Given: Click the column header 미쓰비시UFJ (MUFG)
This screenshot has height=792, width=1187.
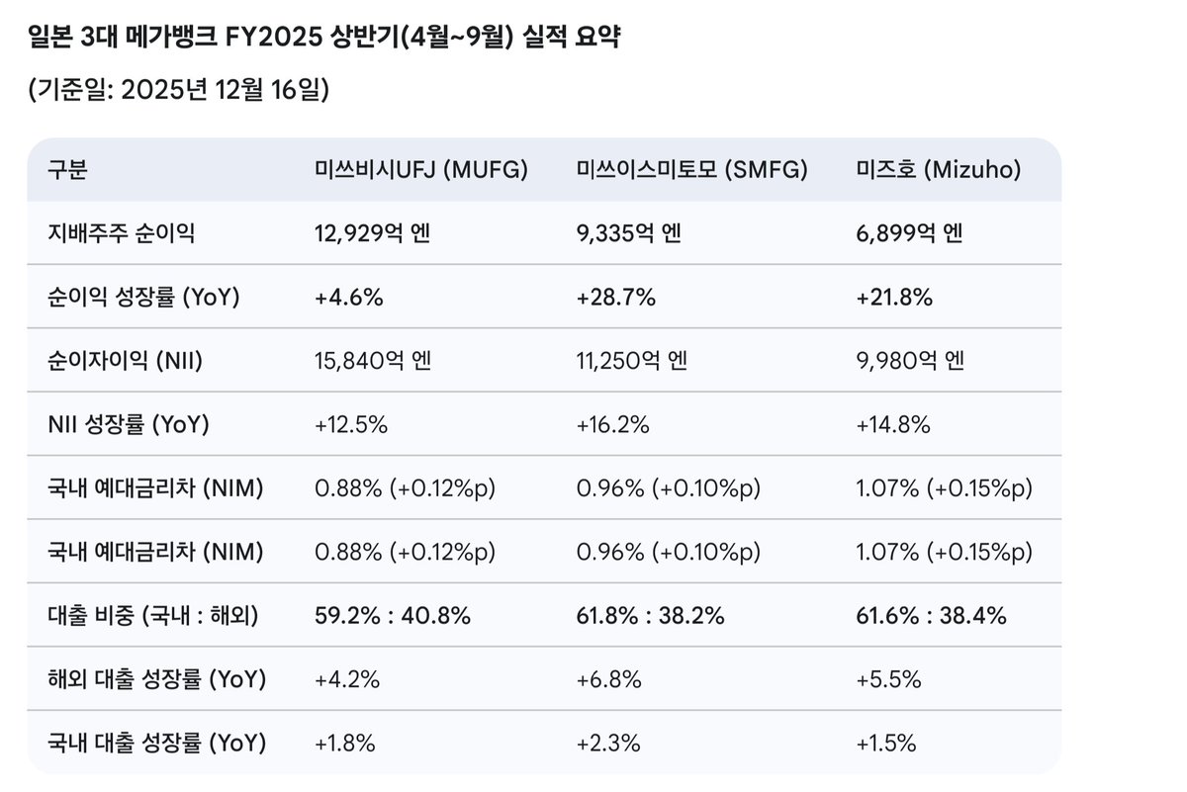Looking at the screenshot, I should tap(420, 170).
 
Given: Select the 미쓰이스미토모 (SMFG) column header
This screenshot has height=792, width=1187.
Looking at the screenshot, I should tap(691, 170).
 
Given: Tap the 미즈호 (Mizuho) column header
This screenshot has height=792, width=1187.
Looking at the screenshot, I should tap(938, 170).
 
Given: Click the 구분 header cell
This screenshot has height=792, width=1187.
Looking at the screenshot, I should tap(67, 170).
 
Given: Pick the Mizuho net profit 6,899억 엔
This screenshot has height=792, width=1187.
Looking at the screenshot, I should tap(909, 233).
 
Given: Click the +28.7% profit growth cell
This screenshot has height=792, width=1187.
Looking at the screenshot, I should tap(615, 298).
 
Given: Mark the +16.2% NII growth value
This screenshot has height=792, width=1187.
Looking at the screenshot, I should tap(612, 425).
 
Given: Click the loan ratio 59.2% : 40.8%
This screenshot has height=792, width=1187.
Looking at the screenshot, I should tap(392, 616).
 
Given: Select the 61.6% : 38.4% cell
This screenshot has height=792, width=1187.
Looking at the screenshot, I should tap(931, 616).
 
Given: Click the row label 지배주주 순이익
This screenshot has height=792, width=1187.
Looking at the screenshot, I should tap(121, 233).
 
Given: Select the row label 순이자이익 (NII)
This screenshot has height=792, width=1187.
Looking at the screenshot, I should tap(125, 361).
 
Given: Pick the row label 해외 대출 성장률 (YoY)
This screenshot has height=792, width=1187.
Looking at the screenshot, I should tap(156, 679).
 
